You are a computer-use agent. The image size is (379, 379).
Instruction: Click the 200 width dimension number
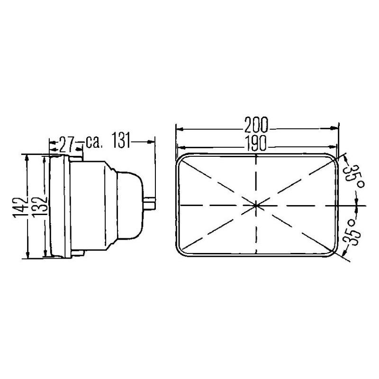click(256, 124)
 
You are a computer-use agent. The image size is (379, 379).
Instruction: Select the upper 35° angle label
click(352, 177)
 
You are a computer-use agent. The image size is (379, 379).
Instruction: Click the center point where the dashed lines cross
click(256, 205)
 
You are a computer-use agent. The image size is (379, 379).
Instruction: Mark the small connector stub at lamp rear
click(151, 204)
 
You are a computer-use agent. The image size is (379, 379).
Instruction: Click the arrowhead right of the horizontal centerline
click(356, 205)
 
